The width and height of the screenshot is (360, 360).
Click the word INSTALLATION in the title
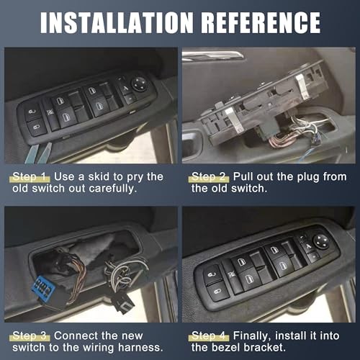point(115,22)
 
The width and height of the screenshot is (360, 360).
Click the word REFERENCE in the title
point(258,22)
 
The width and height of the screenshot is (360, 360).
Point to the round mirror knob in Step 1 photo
point(139,83)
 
